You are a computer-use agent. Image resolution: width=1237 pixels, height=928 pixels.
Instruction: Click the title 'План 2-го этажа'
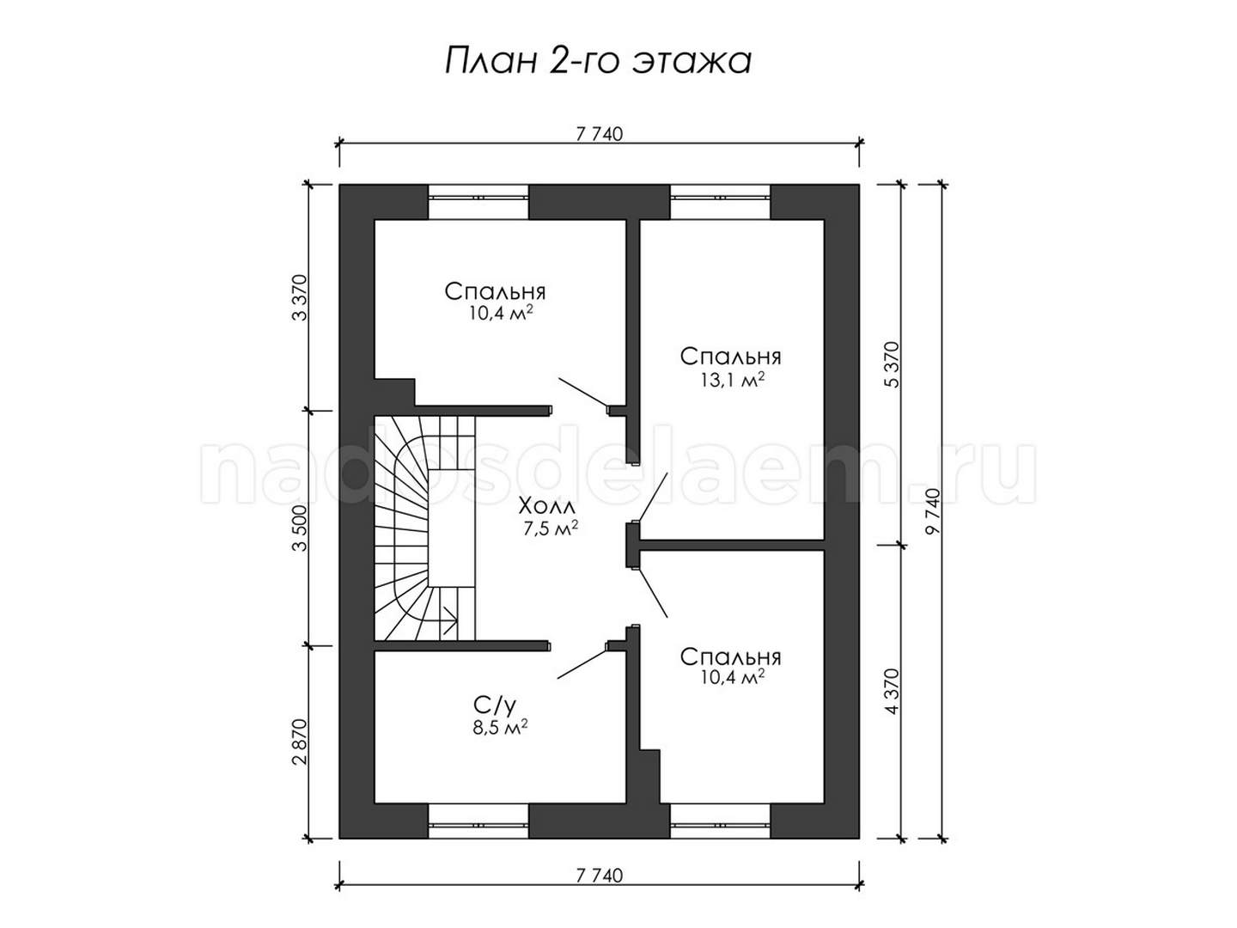click(x=598, y=61)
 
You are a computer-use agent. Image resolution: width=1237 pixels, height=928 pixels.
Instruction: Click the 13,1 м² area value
click(x=732, y=381)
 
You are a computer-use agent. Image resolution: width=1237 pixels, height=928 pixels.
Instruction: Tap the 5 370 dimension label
click(x=893, y=364)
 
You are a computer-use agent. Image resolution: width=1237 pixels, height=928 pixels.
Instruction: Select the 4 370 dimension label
click(x=893, y=692)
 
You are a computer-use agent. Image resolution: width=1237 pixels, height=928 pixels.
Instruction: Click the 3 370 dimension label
click(x=301, y=298)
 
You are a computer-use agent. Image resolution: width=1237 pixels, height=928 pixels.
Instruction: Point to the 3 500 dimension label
click(x=301, y=528)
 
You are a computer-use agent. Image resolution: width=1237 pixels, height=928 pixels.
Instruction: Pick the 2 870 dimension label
click(x=301, y=742)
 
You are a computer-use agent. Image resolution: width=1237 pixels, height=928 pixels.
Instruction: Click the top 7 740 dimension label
click(x=600, y=134)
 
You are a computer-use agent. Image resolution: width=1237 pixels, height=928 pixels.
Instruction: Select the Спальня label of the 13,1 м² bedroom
click(x=731, y=357)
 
